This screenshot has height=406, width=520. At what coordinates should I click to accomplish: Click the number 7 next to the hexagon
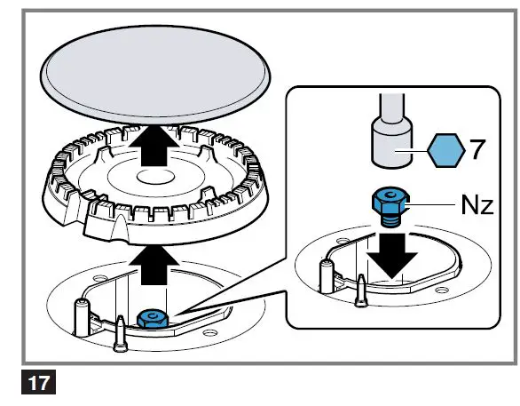click(477, 149)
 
